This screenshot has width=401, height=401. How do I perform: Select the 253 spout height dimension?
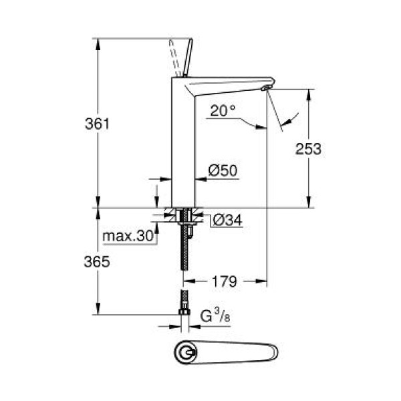309,148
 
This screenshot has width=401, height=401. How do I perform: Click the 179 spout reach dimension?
224,282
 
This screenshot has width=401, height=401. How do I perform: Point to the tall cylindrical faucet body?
183,147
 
